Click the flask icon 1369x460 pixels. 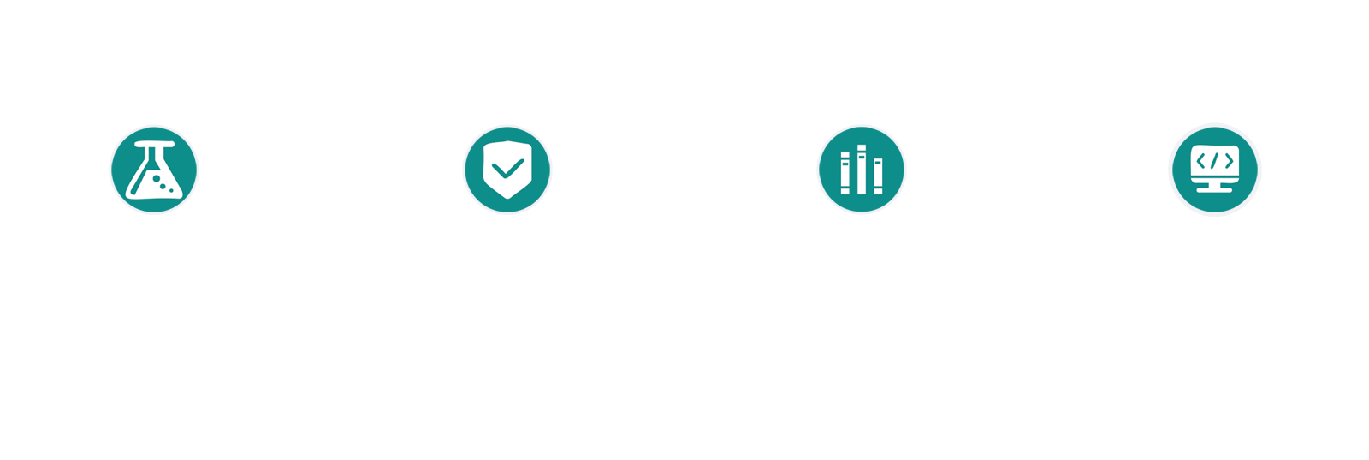coord(154,170)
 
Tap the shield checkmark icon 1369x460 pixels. coord(507,170)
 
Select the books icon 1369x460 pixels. coord(862,170)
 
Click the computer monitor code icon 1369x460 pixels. coord(1215,170)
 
